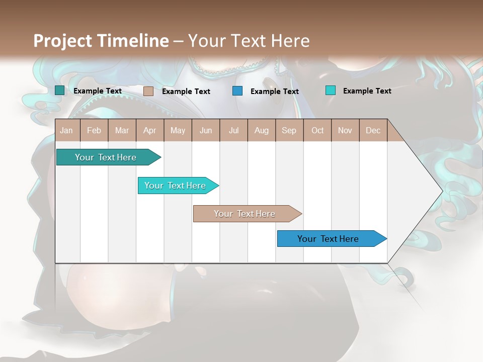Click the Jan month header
pyautogui.click(x=66, y=130)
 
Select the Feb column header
pyautogui.click(x=94, y=130)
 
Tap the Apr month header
pyautogui.click(x=150, y=130)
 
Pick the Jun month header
pyautogui.click(x=206, y=130)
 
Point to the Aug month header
pyautogui.click(x=262, y=130)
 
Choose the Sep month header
pyautogui.click(x=289, y=130)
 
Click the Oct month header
pyautogui.click(x=317, y=130)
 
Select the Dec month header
pyautogui.click(x=373, y=130)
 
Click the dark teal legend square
pyautogui.click(x=59, y=90)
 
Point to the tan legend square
pyautogui.click(x=148, y=91)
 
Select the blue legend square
pyautogui.click(x=237, y=91)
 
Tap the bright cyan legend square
pyautogui.click(x=330, y=90)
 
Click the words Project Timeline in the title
pyautogui.click(x=101, y=41)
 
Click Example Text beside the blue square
pyautogui.click(x=275, y=91)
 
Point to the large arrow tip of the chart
pyautogui.click(x=433, y=191)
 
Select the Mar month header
pyautogui.click(x=122, y=130)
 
